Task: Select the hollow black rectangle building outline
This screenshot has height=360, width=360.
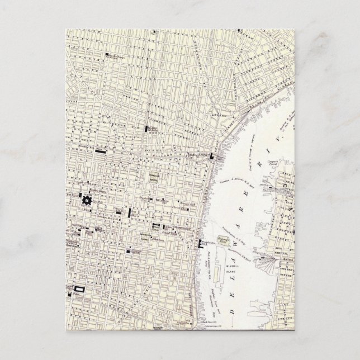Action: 78,289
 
